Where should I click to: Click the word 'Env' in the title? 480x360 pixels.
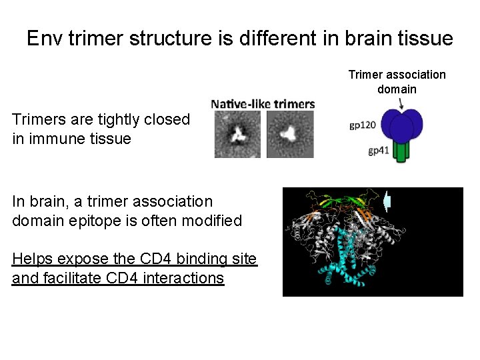(46, 38)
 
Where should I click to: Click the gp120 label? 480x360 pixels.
(363, 125)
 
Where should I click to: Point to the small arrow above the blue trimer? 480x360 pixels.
(401, 103)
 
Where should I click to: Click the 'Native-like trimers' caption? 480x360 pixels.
(263, 104)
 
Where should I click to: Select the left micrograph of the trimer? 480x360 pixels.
(237, 134)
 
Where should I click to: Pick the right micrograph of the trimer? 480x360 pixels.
(290, 134)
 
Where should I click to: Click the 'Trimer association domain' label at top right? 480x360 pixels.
(397, 81)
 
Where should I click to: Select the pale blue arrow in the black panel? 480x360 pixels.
(388, 201)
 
